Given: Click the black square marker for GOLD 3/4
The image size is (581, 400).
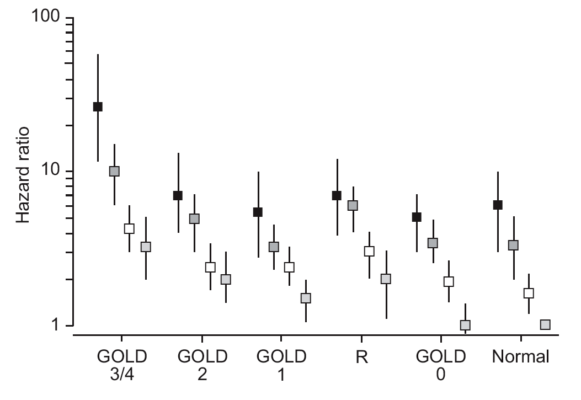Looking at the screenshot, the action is [x=98, y=106].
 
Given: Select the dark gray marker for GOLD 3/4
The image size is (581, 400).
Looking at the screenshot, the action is [x=114, y=171].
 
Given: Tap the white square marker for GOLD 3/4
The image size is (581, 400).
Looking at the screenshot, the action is [x=129, y=228].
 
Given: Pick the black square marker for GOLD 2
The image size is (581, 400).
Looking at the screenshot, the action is [x=178, y=195].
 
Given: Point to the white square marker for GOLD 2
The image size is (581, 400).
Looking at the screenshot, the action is [x=210, y=267].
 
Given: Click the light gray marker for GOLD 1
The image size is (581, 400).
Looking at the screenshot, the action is [x=306, y=298].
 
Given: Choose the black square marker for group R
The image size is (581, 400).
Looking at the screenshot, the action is [x=337, y=195].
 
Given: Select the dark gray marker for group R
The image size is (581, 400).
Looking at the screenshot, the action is [x=353, y=206].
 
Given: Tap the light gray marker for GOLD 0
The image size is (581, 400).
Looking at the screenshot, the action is [x=465, y=325].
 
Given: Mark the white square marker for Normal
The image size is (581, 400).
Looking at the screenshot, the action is [x=529, y=294].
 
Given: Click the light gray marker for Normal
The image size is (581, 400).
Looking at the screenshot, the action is [x=545, y=325].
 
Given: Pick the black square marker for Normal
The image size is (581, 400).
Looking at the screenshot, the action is [x=498, y=205].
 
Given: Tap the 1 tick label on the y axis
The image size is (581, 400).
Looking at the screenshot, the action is [x=55, y=324].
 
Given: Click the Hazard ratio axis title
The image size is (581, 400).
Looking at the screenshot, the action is [x=23, y=175].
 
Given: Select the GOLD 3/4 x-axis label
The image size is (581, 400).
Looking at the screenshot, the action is [x=122, y=365].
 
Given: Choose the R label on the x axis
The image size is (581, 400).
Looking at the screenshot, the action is [x=361, y=357].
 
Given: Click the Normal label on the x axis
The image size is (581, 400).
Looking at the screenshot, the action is [x=521, y=356].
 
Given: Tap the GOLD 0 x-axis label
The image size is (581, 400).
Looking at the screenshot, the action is [x=440, y=365].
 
